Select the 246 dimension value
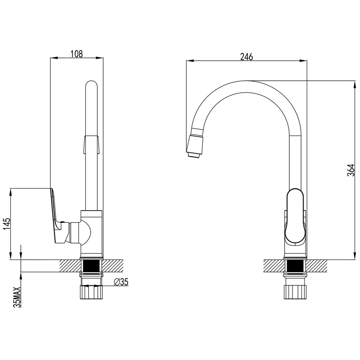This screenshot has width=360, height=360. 247,57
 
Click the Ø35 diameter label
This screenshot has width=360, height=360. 121,282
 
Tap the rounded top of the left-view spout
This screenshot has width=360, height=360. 91,85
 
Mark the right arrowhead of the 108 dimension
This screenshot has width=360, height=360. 101,58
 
